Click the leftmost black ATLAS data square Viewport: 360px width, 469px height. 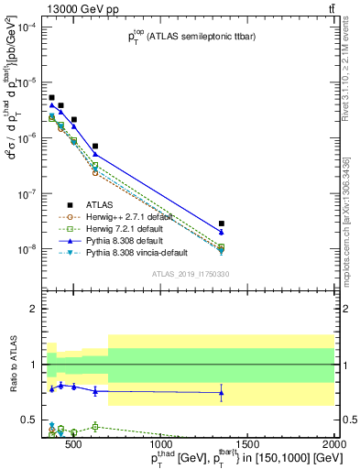[52, 97]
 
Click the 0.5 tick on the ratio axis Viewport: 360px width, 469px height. [33, 420]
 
